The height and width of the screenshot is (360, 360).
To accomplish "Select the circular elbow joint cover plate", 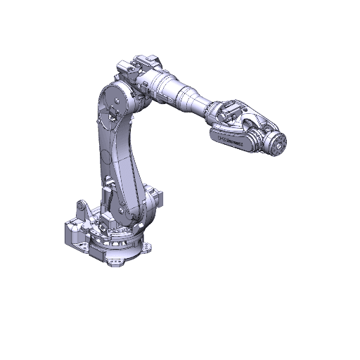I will point(114,99).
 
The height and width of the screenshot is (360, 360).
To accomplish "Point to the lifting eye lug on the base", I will point(82,209).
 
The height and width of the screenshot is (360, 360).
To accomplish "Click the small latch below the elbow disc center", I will point(112,112).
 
